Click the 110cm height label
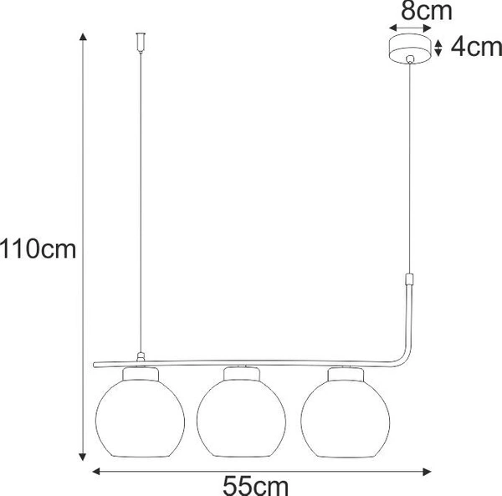39,248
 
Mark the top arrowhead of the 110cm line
82,36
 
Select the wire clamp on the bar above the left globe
140,357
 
